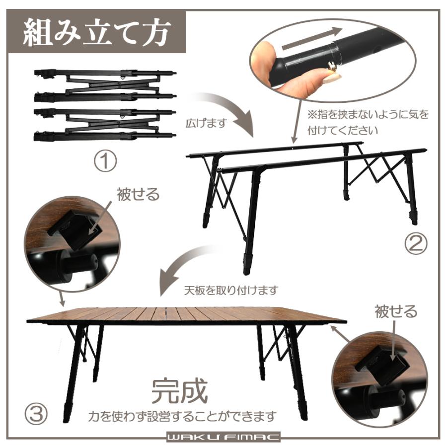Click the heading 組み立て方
[97, 32]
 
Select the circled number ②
[415, 243]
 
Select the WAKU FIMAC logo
[223, 438]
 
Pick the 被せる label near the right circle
[396, 312]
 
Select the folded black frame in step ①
[104, 104]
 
